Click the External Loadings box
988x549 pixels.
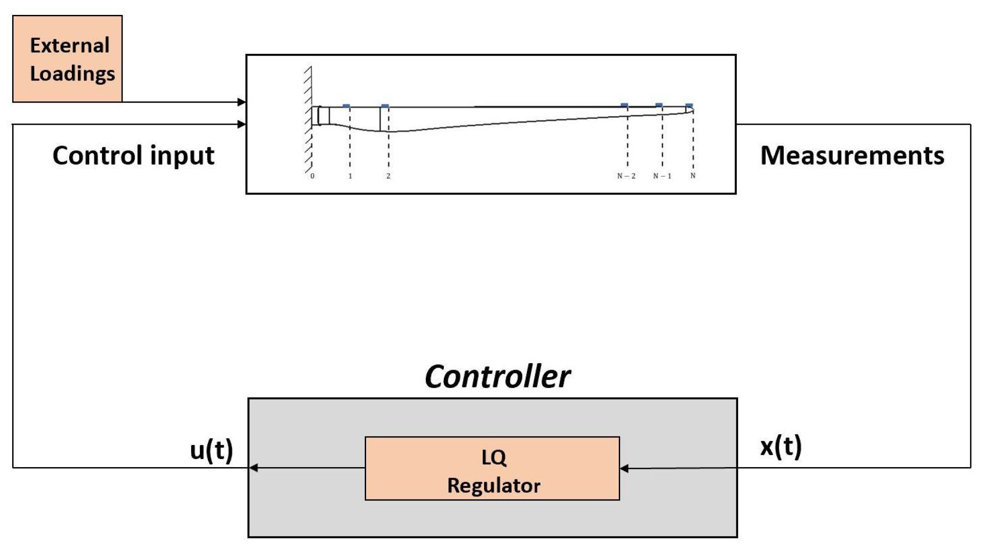pos(67,59)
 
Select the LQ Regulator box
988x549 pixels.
pos(492,468)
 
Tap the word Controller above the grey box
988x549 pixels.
pos(497,377)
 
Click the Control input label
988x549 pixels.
pos(133,156)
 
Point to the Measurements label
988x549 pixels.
pos(852,156)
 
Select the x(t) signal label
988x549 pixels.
pos(781,446)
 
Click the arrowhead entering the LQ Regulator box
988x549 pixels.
pos(624,468)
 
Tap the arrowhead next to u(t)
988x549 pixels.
pos(254,468)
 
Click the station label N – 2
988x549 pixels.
pos(626,176)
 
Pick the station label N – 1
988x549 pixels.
pos(662,176)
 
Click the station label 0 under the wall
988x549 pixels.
pos(312,176)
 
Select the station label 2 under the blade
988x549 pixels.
pos(388,176)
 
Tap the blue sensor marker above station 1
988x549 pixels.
pos(346,106)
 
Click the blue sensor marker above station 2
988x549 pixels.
pos(385,106)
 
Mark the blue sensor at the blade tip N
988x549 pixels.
pos(689,105)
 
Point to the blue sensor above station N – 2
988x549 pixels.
pos(624,105)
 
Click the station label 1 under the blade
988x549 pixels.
pos(350,176)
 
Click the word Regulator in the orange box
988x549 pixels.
pos(494,486)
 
